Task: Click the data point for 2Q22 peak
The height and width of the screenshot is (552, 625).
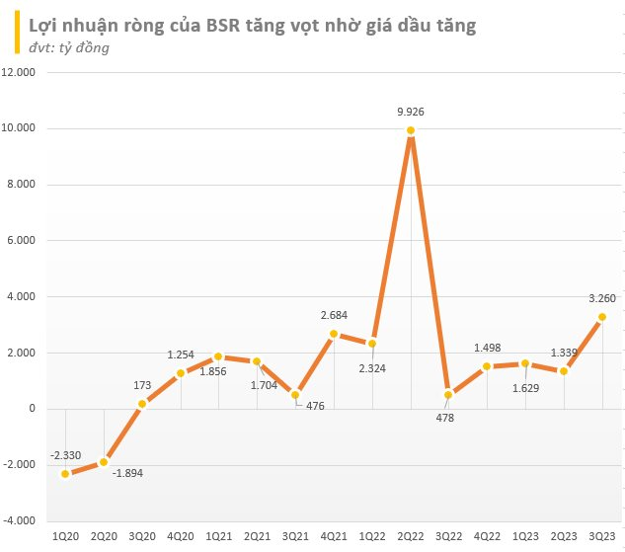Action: (411, 130)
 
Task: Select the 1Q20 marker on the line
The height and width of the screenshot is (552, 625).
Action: (65, 474)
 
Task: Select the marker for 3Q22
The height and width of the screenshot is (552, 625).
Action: (449, 395)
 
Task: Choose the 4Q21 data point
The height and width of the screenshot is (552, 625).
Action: (334, 334)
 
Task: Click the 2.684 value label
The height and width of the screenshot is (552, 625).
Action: (334, 315)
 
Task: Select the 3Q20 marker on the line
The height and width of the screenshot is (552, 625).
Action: (142, 403)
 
